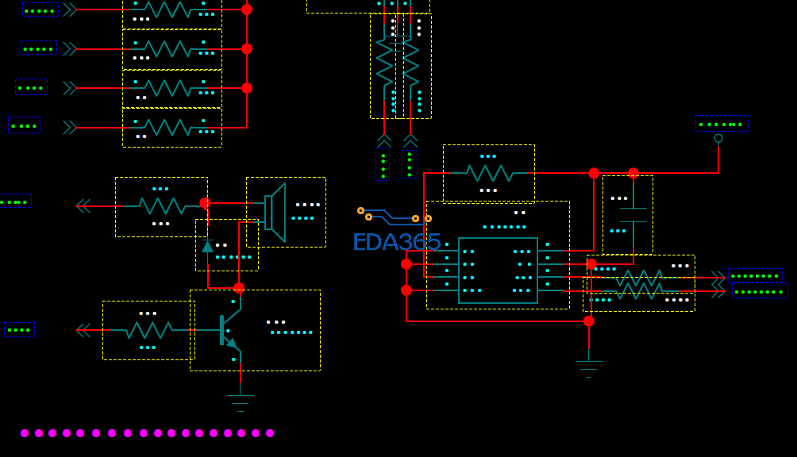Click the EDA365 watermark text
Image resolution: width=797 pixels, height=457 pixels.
pos(396,242)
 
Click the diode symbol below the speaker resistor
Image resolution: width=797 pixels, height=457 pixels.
pos(208,246)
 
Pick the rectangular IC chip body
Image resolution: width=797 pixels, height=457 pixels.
pos(498,271)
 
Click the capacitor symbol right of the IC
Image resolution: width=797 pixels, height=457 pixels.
pos(633,214)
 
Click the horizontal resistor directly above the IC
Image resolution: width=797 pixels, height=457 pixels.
pos(489,173)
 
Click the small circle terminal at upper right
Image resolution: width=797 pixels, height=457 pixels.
pos(718,138)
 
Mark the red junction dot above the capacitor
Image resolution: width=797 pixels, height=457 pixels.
pos(633,173)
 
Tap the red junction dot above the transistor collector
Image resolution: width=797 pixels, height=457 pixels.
pos(239,288)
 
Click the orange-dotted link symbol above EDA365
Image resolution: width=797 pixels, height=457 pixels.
pos(394,214)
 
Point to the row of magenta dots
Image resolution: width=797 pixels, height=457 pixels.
pos(147,433)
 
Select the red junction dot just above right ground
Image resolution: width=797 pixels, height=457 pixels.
pos(588,321)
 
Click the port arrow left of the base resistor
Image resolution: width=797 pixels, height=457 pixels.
pos(83,330)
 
